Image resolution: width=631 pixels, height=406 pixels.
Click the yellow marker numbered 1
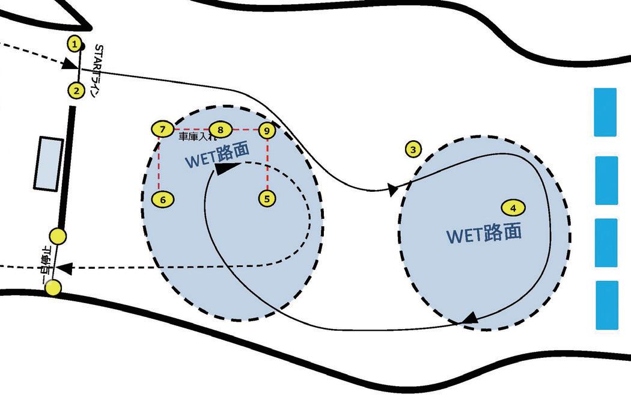[x=75, y=44]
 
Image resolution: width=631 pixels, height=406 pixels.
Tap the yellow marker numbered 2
[x=76, y=91]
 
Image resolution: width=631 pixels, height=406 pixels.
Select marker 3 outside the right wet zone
[x=413, y=149]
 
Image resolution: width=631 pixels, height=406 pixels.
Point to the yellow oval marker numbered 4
[x=513, y=208]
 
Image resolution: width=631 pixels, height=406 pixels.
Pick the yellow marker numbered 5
[x=267, y=198]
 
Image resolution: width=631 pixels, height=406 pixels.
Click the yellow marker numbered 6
[x=163, y=199]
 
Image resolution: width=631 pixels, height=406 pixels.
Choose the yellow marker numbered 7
[x=162, y=129]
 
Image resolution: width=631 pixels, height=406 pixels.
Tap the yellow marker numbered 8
[x=221, y=129]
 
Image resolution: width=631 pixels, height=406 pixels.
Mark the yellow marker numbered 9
[x=267, y=130]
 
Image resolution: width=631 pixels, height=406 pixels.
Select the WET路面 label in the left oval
[x=217, y=156]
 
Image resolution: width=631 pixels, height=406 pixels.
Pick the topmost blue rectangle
[x=605, y=112]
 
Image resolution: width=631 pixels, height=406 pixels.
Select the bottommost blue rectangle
[x=606, y=305]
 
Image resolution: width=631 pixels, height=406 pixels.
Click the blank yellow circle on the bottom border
[x=53, y=288]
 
